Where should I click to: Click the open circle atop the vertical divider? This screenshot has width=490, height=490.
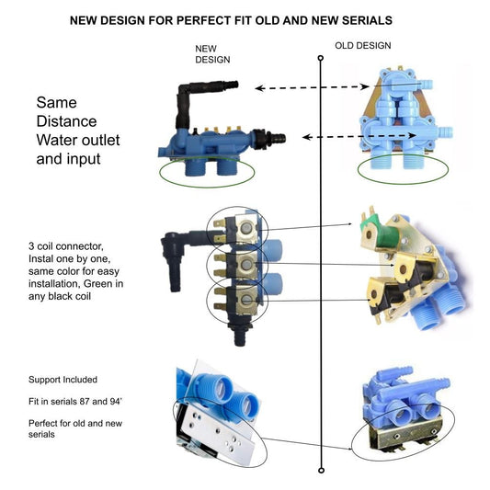point(320,59)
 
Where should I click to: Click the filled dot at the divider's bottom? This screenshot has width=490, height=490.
point(320,470)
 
